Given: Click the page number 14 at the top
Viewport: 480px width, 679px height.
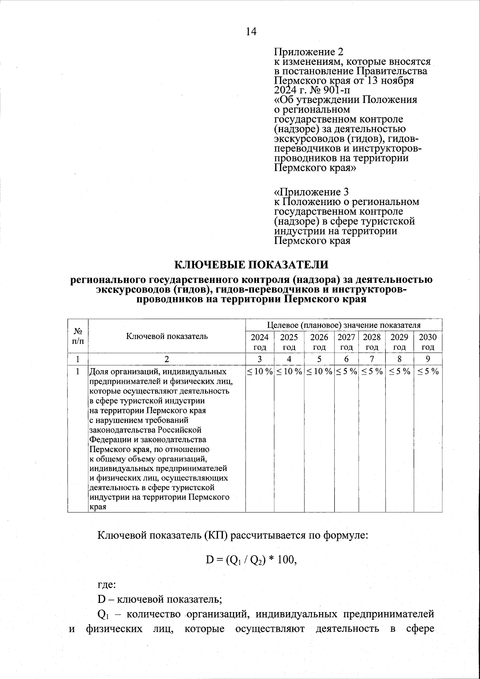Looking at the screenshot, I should point(251,32).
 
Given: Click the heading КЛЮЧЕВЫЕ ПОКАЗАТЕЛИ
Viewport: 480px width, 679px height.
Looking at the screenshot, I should point(251,265).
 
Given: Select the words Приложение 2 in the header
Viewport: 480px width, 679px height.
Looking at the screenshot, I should point(308,52).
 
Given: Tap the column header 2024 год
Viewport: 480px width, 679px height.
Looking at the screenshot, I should point(260,342).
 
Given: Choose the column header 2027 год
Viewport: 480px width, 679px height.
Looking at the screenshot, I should point(346,342).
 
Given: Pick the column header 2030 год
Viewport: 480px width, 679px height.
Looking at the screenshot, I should point(428,342).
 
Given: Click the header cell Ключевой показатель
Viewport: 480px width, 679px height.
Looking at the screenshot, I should point(167,336).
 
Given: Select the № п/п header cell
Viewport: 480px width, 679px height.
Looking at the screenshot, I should point(78,336).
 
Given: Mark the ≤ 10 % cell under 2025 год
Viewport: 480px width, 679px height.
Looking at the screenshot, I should point(289,371).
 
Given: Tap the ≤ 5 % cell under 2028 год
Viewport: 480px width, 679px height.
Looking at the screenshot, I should point(372,371).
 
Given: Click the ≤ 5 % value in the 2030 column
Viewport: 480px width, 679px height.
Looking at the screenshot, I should point(428,371).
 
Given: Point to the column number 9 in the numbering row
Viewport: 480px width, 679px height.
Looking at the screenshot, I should point(428,359).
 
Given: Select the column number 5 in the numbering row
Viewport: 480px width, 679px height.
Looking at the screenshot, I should point(319,359).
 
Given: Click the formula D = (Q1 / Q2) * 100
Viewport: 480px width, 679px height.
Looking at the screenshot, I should point(251,560).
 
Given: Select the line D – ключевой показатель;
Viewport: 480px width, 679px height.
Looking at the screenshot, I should point(160,599).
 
